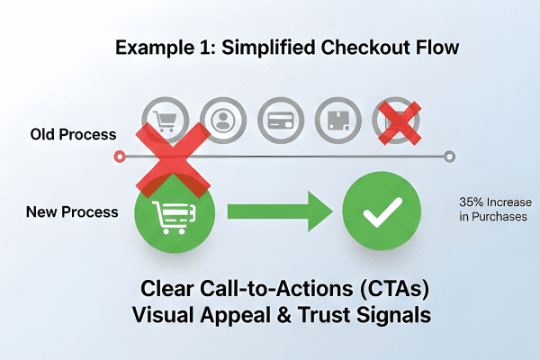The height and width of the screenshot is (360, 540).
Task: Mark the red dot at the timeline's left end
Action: click(120, 157)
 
